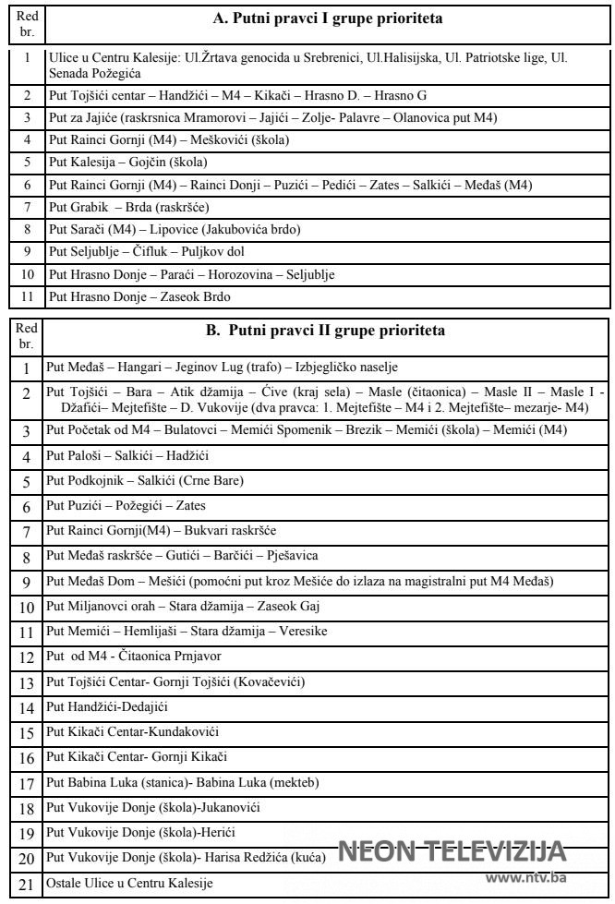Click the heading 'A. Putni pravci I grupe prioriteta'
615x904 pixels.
pyautogui.click(x=327, y=18)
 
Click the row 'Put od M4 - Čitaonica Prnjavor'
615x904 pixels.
pyautogui.click(x=135, y=656)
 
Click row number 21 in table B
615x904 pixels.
pyautogui.click(x=27, y=884)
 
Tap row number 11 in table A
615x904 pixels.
pyautogui.click(x=27, y=297)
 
